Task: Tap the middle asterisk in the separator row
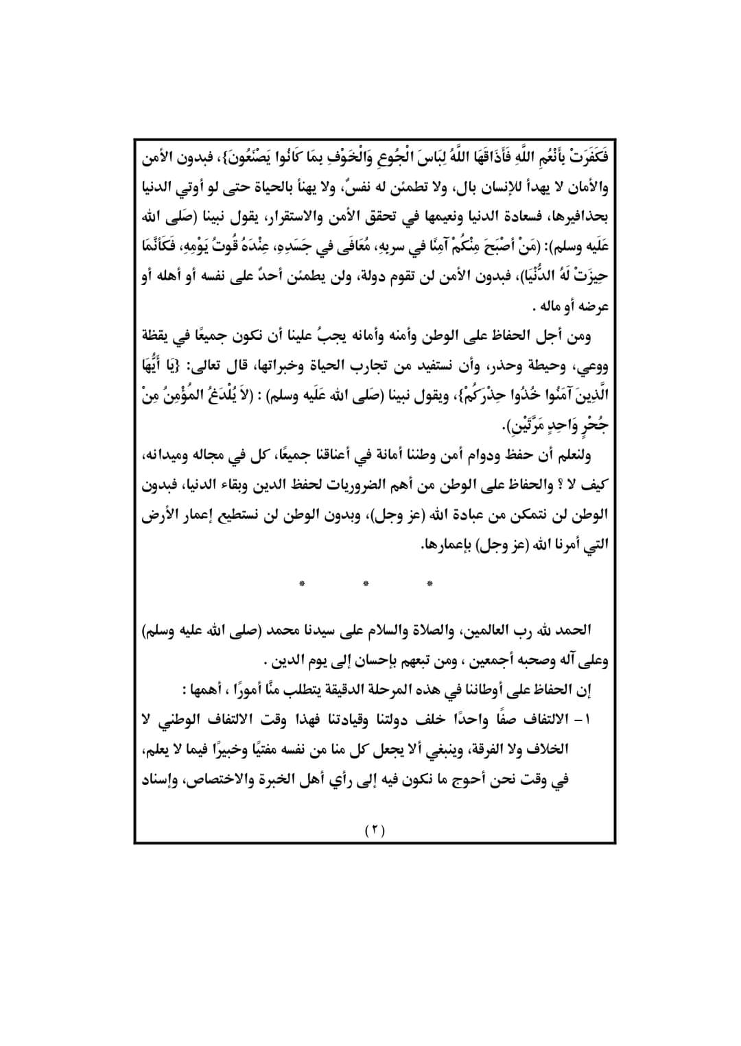coord(366,584)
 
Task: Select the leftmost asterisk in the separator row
coord(302,584)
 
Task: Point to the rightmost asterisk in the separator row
coord(430,584)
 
